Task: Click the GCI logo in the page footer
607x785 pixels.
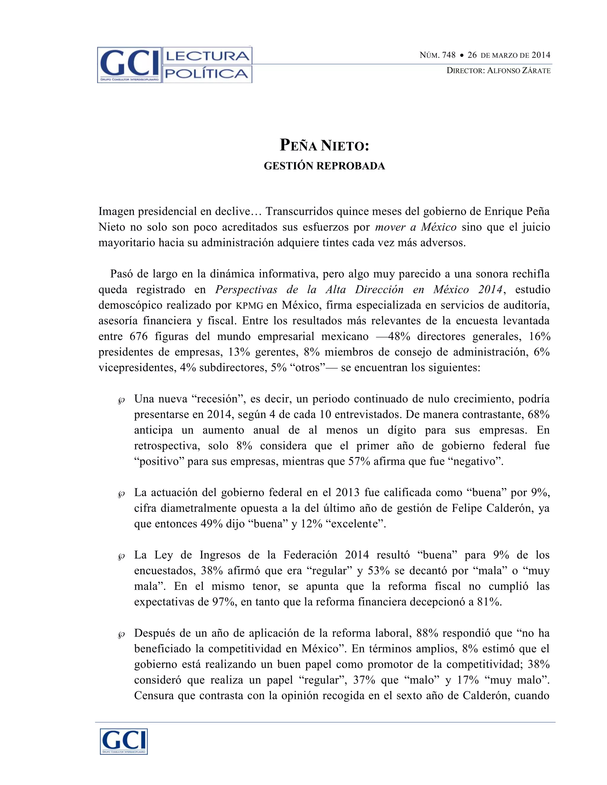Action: [x=124, y=741]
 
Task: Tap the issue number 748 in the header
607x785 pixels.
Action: [x=448, y=55]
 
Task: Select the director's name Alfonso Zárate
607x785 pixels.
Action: [x=519, y=71]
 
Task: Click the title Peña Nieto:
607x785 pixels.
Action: [x=324, y=145]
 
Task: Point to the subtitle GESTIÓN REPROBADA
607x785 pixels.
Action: [x=324, y=166]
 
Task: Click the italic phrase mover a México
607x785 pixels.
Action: [x=416, y=227]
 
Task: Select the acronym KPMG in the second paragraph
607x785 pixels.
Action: [x=249, y=305]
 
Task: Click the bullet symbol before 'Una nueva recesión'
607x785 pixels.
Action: [x=121, y=401]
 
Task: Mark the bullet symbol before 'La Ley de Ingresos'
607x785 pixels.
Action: [x=121, y=557]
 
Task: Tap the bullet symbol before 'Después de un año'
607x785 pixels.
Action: [x=121, y=635]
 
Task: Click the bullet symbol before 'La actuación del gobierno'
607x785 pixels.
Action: [x=121, y=495]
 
